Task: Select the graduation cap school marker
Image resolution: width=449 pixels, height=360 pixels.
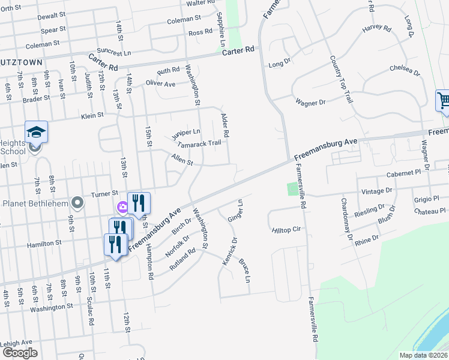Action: tap(36, 131)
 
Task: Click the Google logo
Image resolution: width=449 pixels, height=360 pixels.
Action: tap(20, 353)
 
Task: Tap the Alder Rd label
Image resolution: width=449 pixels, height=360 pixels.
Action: tap(226, 124)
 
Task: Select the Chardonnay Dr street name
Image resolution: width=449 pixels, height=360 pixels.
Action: tap(346, 219)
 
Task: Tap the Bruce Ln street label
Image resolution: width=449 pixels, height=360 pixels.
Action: tap(244, 270)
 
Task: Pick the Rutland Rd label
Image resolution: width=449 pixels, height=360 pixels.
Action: tap(183, 259)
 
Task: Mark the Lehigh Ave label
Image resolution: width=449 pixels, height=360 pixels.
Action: tap(16, 343)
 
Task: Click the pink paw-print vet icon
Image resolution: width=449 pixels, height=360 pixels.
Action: tap(122, 207)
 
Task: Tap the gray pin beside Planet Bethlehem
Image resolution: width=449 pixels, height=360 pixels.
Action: tap(76, 202)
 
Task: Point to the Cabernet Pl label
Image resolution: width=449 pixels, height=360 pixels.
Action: tap(406, 172)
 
